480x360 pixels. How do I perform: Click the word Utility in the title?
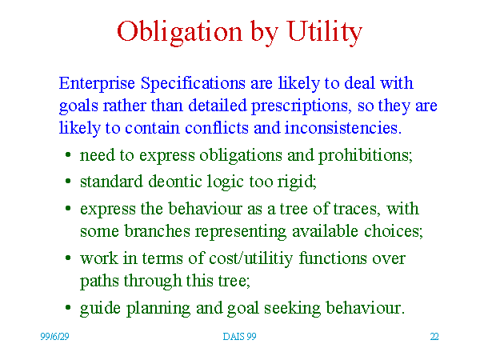[325, 32]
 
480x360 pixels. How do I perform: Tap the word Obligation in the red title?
[179, 32]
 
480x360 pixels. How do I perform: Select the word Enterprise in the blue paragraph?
[97, 83]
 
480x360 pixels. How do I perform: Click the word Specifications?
[193, 83]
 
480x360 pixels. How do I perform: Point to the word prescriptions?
[300, 106]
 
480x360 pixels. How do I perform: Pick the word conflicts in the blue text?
[217, 127]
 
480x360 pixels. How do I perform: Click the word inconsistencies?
[342, 127]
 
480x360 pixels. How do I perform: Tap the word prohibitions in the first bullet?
[366, 155]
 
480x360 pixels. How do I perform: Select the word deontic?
[174, 182]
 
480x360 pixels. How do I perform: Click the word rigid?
[297, 182]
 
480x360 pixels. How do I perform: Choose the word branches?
[157, 231]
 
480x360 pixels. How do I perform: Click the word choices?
[394, 231]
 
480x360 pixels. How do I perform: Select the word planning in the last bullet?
[158, 309]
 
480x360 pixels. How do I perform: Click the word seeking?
[292, 309]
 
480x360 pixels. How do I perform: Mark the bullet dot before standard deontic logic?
[68, 182]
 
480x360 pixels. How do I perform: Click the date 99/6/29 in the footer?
[54, 337]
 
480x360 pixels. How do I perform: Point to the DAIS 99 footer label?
[239, 337]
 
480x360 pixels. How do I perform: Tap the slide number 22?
[434, 337]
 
